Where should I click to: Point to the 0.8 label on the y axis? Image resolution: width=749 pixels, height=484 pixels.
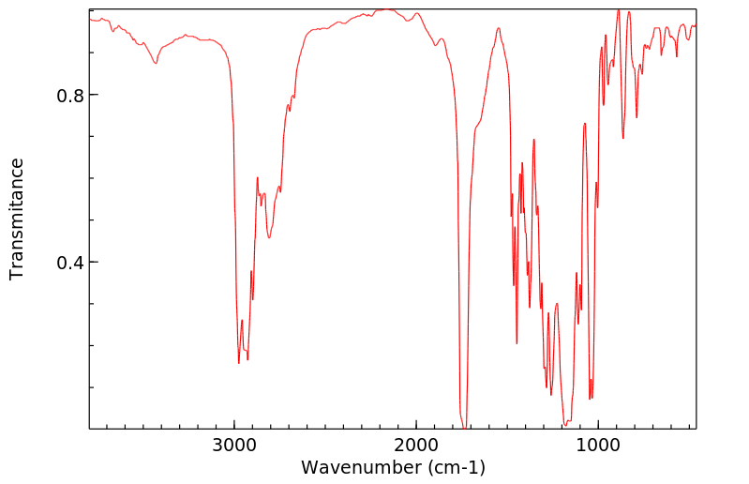tap(69, 96)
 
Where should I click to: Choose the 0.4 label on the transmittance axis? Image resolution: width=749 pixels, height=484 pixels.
tap(69, 263)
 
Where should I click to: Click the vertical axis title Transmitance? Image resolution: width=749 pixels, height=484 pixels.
tap(17, 219)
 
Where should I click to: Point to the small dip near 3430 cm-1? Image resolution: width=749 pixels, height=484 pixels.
tap(157, 63)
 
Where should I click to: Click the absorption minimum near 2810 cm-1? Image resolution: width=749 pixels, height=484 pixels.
tap(269, 237)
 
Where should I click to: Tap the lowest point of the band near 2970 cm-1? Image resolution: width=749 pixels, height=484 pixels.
tap(239, 363)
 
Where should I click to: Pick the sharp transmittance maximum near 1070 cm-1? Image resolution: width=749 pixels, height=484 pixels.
tap(584, 123)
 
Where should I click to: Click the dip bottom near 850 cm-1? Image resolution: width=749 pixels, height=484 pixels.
tap(623, 138)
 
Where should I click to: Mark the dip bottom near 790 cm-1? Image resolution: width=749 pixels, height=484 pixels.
tap(637, 117)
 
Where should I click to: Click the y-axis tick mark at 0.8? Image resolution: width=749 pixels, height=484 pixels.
tap(93, 96)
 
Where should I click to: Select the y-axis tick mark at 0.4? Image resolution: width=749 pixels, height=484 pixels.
tap(93, 263)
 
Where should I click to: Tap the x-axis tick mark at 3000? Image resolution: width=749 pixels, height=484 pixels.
tap(234, 427)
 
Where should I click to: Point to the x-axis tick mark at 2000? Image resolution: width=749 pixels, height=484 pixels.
tap(415, 427)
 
